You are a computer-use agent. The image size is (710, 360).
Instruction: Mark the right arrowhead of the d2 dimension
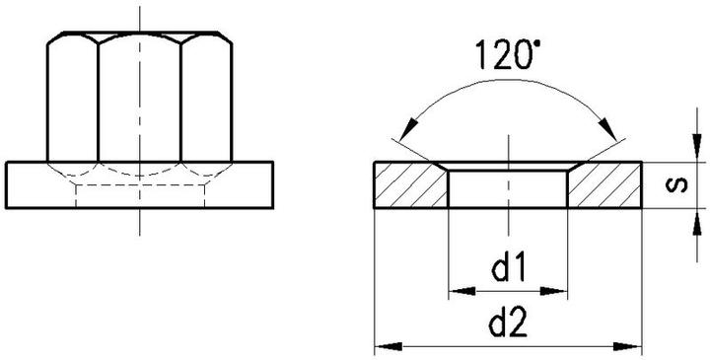[x=634, y=346]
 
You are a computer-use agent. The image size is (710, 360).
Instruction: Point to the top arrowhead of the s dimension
[x=698, y=152]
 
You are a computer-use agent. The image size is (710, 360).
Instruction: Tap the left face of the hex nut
[x=73, y=99]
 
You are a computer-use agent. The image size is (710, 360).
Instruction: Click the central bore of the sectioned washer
[x=508, y=187]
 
